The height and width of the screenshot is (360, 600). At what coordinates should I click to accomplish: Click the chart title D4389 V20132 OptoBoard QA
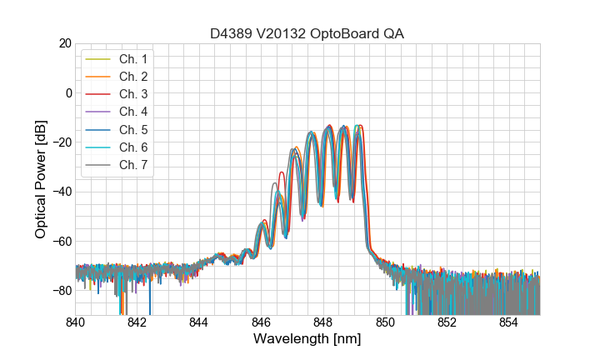coord(307,33)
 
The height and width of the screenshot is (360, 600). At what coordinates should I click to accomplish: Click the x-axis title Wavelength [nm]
coord(307,340)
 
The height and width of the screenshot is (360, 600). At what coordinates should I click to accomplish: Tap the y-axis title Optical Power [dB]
coord(41,179)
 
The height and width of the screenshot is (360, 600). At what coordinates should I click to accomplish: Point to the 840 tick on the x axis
coord(76,322)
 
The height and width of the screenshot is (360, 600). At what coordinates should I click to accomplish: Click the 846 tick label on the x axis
coord(262,322)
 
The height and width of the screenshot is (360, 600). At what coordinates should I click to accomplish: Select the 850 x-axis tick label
coord(385,322)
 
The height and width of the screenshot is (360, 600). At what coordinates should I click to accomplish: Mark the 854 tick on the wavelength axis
coord(509,322)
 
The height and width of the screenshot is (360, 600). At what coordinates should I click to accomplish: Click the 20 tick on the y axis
coord(65,43)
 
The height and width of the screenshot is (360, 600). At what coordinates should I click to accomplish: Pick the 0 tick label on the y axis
coord(68,92)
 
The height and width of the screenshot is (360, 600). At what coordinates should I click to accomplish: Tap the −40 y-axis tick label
coord(61,192)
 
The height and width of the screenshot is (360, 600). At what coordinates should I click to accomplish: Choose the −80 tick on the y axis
coord(61,291)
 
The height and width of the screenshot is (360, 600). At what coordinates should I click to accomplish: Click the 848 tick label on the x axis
coord(323,322)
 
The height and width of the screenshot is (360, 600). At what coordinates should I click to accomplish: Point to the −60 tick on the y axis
coord(61,242)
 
